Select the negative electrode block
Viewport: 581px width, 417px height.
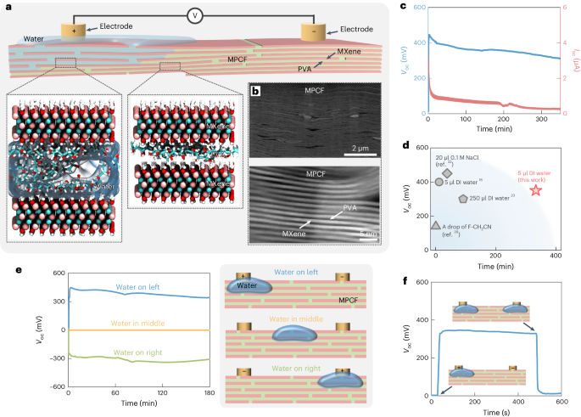point(317,31)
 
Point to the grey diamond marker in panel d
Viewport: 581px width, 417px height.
point(447,173)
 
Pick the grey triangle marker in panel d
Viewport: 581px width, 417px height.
point(435,226)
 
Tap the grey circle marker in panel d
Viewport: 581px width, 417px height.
point(439,182)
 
